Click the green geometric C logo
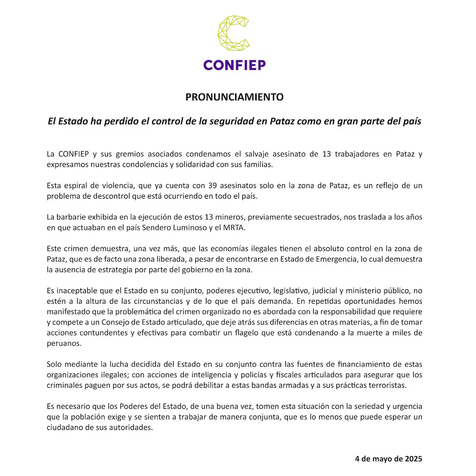coord(234,34)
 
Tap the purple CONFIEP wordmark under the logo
coord(234,65)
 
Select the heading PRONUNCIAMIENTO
coord(235,97)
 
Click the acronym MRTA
coord(234,227)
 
